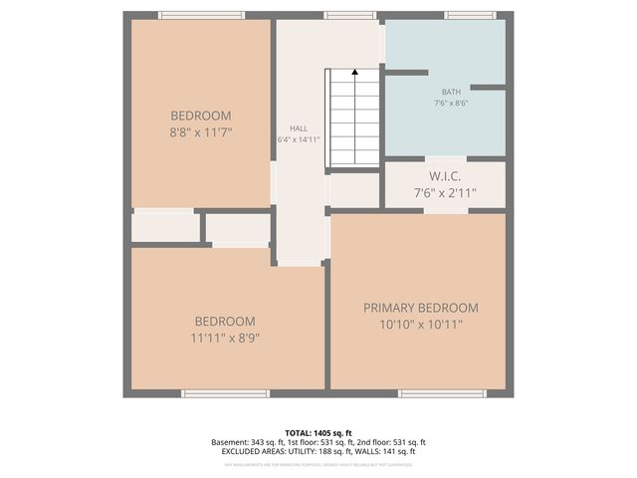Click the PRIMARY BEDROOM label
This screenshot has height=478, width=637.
tap(420, 308)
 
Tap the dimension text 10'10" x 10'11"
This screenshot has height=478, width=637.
tap(420, 324)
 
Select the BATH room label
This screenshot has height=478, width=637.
tap(451, 92)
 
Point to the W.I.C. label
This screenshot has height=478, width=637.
tap(445, 177)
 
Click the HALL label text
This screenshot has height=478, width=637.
tap(299, 128)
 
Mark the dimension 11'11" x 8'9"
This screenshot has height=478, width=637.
tap(224, 338)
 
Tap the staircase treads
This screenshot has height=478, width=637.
tap(354, 119)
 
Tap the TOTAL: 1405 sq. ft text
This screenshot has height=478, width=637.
tap(318, 431)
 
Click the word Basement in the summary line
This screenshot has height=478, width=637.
tap(230, 442)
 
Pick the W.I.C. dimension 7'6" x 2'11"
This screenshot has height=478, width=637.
tap(445, 194)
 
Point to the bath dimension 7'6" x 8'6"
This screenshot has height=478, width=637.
tap(451, 103)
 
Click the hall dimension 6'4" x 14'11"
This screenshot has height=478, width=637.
tap(299, 139)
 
